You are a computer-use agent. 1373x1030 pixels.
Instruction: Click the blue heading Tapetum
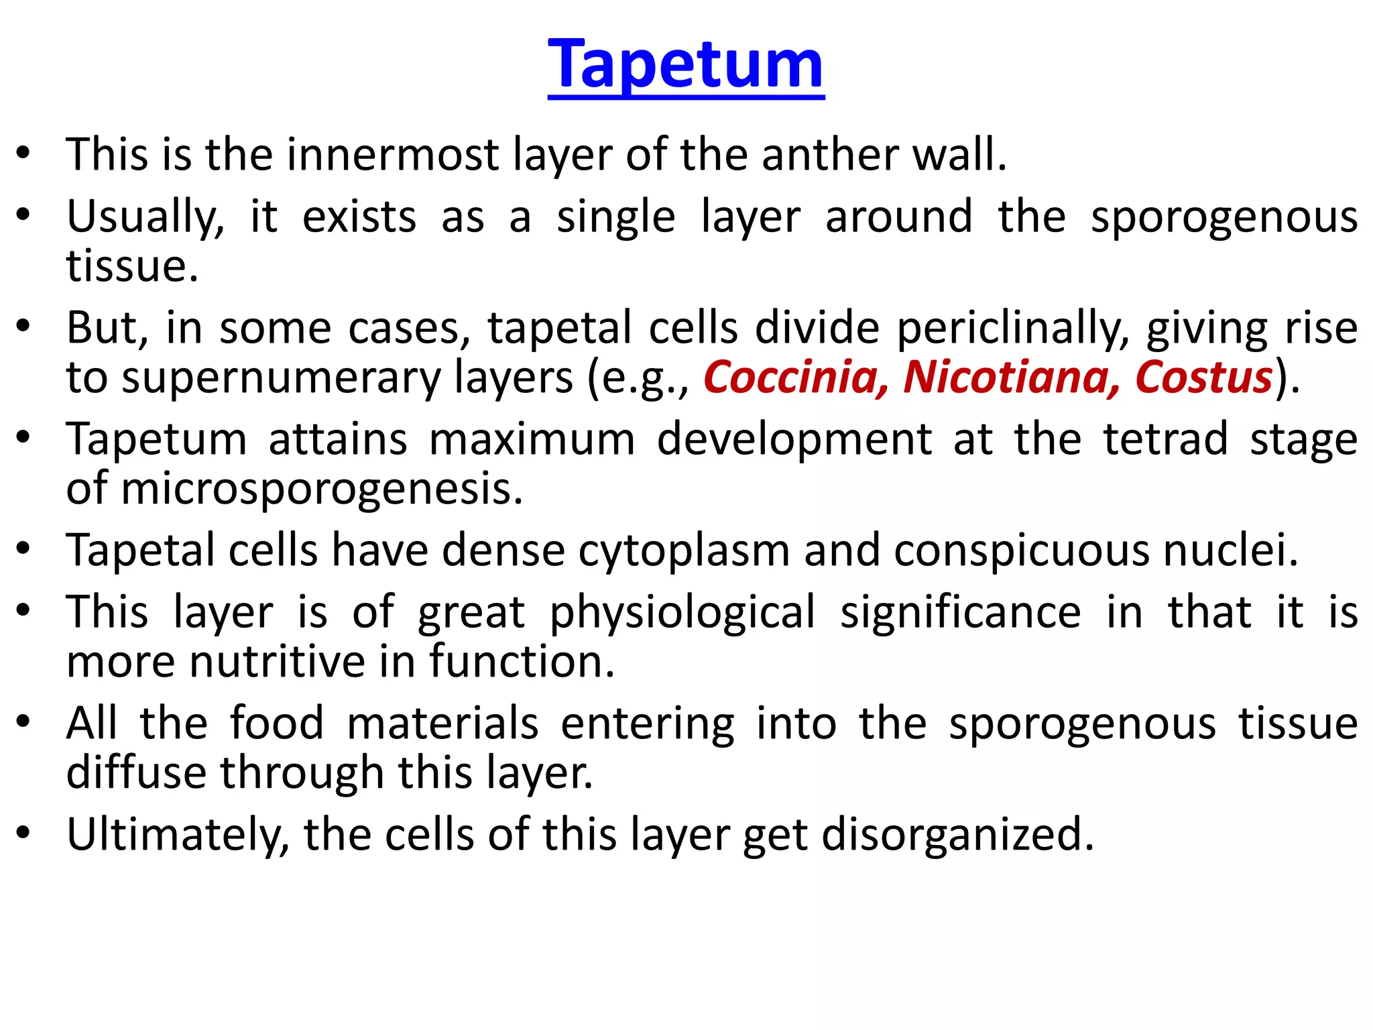685,64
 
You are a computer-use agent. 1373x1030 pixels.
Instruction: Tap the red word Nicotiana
1010,378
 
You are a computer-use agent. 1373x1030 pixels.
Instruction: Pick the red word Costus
1203,378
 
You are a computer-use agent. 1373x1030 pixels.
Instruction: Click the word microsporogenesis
321,490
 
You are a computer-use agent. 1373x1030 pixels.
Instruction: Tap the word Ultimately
178,836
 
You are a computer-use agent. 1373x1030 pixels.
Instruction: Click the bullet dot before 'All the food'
24,723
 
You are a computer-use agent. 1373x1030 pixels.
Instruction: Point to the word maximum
532,440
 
